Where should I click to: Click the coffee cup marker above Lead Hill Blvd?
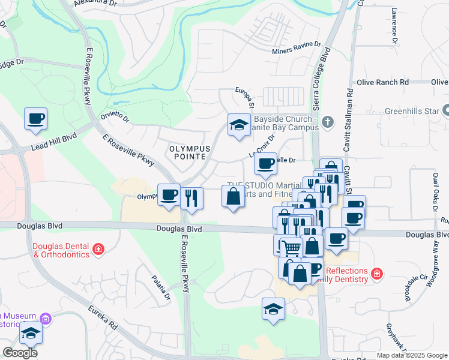[x=35, y=118]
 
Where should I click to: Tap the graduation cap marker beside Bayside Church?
[x=239, y=125]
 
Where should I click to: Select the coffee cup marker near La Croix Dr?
[x=265, y=164]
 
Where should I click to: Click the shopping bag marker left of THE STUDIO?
[x=232, y=196]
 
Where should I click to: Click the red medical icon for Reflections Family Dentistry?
[x=376, y=274]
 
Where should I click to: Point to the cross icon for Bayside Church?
[x=327, y=122]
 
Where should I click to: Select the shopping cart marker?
[x=291, y=247]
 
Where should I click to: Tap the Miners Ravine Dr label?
[x=297, y=51]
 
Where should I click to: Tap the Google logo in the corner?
[x=20, y=352]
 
